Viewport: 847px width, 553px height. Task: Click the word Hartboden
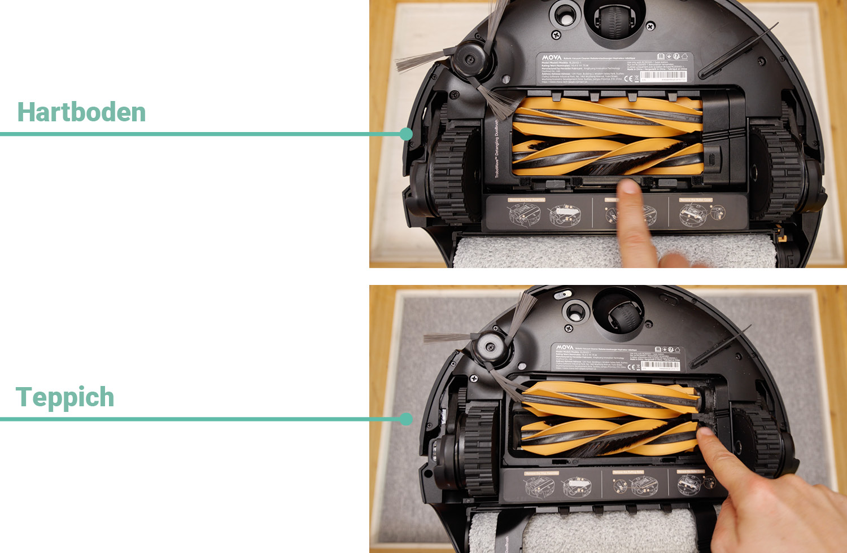coord(81,112)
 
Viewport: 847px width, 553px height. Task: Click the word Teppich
coord(65,397)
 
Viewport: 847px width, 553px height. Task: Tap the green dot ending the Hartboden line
coord(405,134)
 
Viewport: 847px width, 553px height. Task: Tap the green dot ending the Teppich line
coord(405,419)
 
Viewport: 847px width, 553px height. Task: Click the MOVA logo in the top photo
coord(552,58)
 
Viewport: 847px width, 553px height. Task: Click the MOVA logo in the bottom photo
coord(564,347)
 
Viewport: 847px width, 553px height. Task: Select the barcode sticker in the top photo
coord(663,76)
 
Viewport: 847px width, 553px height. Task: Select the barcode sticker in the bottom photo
coord(660,365)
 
